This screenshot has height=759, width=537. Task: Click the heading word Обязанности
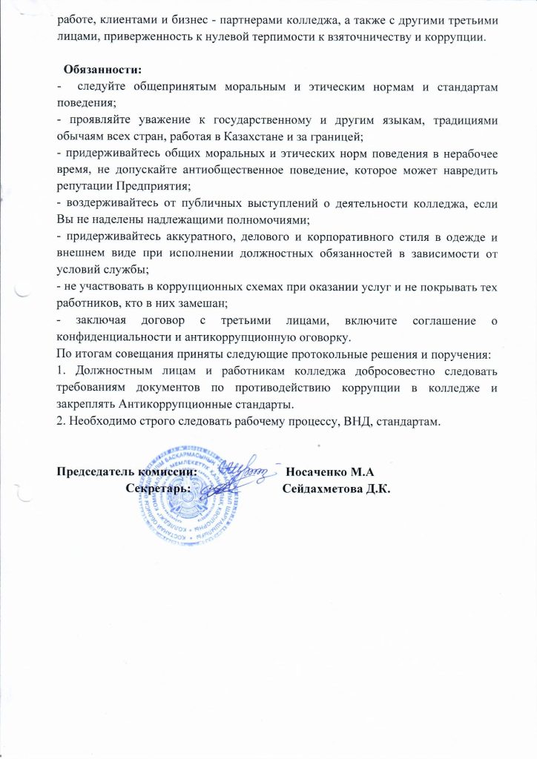[x=102, y=70]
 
